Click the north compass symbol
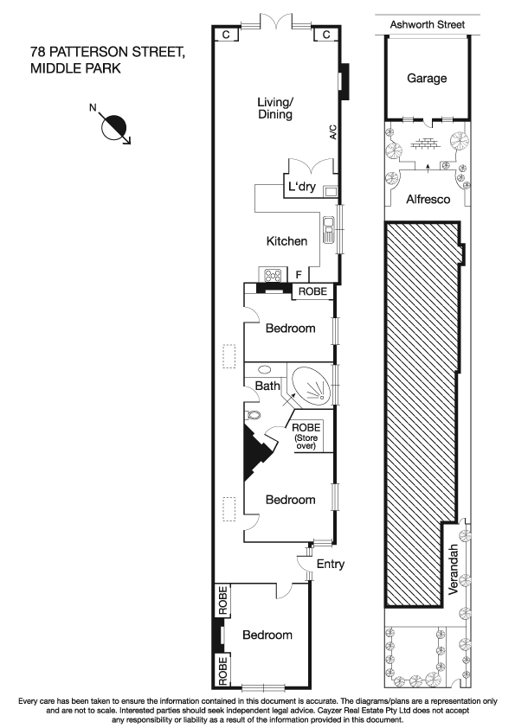pos(114,128)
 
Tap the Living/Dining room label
pos(275,108)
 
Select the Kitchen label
pos(287,241)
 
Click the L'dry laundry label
pos(302,188)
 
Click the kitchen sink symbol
pos(329,230)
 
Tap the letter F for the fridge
pos(299,276)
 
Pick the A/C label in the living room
pos(332,132)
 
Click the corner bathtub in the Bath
pos(311,386)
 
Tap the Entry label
pos(330,565)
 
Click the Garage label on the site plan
pos(427,79)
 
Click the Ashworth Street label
pos(427,25)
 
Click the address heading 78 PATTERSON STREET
pos(107,54)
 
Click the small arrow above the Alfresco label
pos(428,163)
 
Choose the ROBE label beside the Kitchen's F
pos(312,292)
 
